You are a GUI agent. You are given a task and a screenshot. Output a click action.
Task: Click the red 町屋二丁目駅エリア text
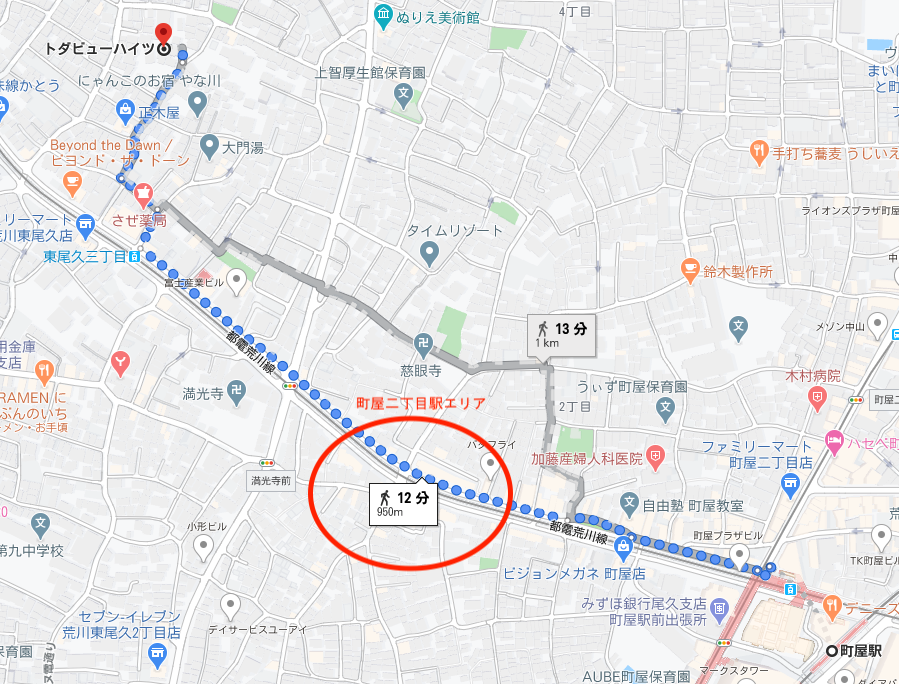[x=421, y=403]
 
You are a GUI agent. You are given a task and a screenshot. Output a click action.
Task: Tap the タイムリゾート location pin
[x=429, y=254]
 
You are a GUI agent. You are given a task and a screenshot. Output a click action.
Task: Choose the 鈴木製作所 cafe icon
[x=689, y=270]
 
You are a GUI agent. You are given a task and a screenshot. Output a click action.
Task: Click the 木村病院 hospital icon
[x=818, y=399]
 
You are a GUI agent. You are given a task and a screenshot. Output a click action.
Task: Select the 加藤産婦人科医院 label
[x=585, y=459]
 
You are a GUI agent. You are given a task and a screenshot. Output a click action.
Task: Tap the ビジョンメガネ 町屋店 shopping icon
[x=624, y=546]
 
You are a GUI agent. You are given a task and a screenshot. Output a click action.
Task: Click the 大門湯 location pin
[x=209, y=147]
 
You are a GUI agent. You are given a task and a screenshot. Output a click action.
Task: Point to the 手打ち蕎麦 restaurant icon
[x=758, y=152]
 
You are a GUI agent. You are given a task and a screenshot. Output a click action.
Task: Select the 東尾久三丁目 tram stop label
[x=84, y=257]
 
